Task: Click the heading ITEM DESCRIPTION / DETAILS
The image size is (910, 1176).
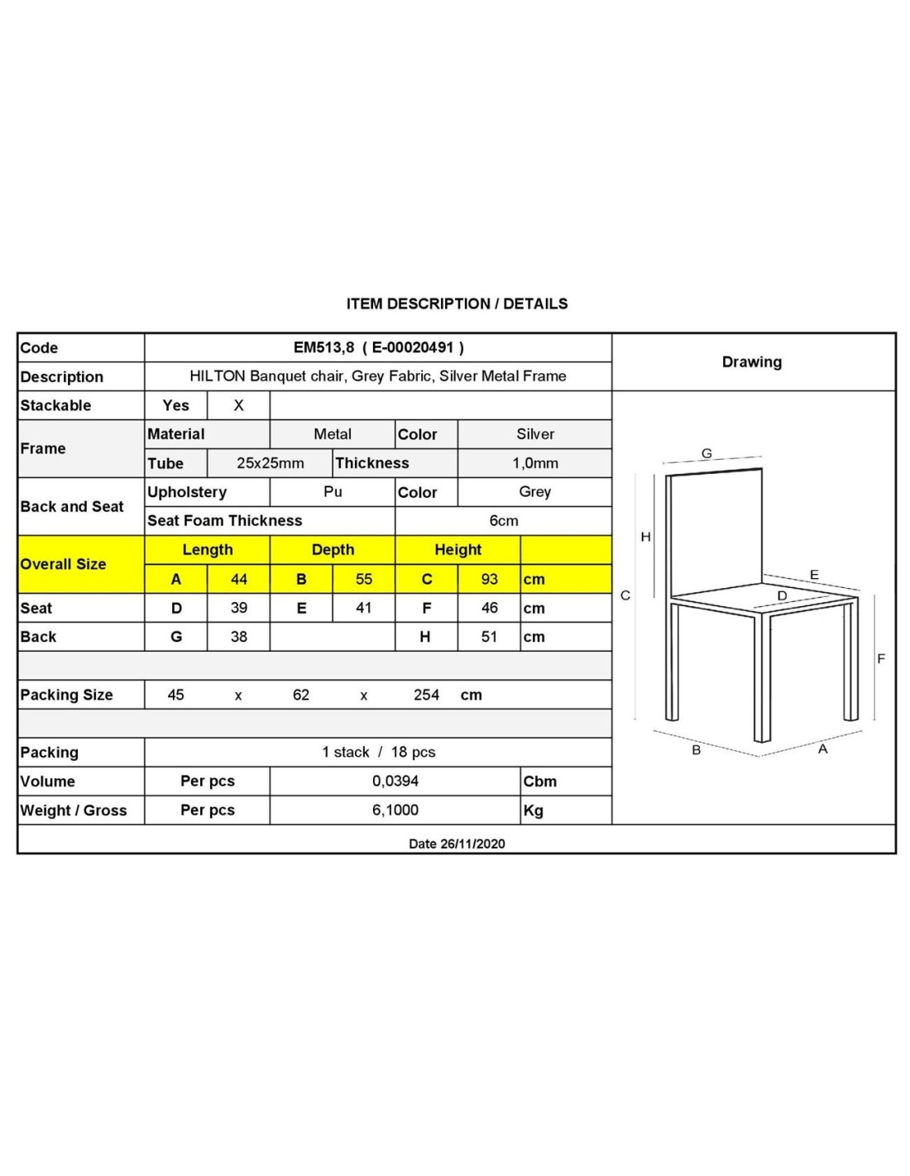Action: coord(457,304)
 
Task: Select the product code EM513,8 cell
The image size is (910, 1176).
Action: coord(378,347)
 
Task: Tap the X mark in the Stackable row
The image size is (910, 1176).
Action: coord(238,405)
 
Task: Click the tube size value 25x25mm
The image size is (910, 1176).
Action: coord(270,463)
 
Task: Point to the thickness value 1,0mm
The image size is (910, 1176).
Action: coord(534,463)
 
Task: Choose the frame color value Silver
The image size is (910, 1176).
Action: coord(534,434)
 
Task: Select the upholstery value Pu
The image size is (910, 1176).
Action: coord(333,492)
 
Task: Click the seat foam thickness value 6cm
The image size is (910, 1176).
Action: coord(503,521)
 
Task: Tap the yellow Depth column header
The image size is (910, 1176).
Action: coord(333,550)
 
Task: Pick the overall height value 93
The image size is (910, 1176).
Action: coord(489,579)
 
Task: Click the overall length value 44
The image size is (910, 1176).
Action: coord(238,579)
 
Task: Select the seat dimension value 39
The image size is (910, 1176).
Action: coord(238,608)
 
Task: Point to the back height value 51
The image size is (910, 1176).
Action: coord(489,637)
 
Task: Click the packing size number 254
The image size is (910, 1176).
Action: coord(426,695)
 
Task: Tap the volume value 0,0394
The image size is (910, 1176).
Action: coord(395,781)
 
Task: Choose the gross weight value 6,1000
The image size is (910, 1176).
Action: coord(395,810)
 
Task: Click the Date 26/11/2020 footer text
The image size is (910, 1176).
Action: coord(457,844)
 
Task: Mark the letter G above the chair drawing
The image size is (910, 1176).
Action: coord(706,453)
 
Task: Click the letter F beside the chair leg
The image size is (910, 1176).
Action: coord(881,658)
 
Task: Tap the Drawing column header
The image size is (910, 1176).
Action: coord(751,361)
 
